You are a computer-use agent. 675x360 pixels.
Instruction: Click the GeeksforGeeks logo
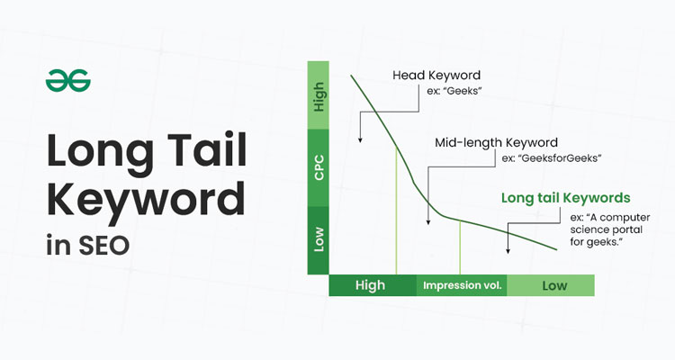coord(68,80)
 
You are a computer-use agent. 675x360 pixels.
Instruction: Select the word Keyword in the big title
coord(146,200)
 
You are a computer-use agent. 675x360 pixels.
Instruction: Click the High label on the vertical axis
coord(319,97)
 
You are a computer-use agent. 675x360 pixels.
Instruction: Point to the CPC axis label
coord(319,168)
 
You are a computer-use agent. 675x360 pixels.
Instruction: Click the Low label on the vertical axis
coord(319,239)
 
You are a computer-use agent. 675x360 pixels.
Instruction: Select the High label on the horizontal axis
coord(370,285)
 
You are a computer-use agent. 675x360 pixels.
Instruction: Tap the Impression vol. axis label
coord(463,285)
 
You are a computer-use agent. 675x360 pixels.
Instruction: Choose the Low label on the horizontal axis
coord(554,285)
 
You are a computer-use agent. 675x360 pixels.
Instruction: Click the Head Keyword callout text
coord(436,76)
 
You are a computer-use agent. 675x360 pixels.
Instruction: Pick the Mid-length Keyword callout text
coord(496,142)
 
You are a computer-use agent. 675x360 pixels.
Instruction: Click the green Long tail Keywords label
coord(566,198)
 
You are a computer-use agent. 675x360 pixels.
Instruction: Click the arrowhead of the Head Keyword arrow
coord(360,139)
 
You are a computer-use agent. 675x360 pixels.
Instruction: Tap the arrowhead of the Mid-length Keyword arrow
coord(427,221)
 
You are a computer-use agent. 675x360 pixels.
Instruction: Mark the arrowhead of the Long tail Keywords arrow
coord(508,250)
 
